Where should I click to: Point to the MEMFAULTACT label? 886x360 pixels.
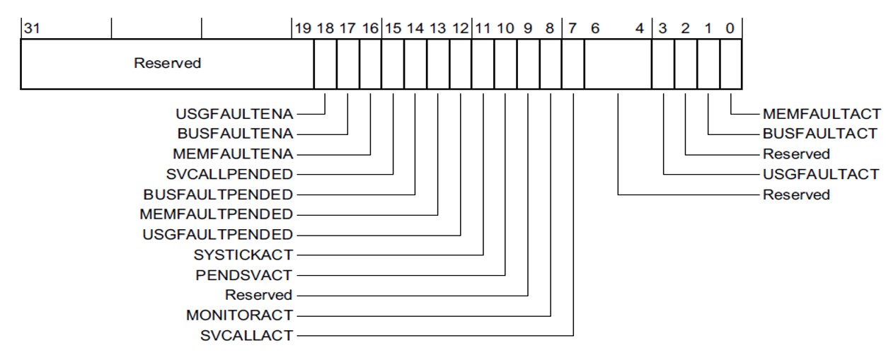[822, 113]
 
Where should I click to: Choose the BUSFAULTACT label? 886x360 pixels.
[820, 133]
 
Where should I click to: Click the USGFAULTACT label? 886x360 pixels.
[820, 174]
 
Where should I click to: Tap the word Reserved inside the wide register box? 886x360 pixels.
[168, 64]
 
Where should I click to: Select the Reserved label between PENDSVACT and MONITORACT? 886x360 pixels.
[258, 295]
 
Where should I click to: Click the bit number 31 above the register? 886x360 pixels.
[31, 28]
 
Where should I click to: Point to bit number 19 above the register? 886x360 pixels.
[302, 28]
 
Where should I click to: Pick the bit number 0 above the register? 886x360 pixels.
[730, 28]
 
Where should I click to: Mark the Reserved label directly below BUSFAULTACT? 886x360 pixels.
[796, 153]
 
